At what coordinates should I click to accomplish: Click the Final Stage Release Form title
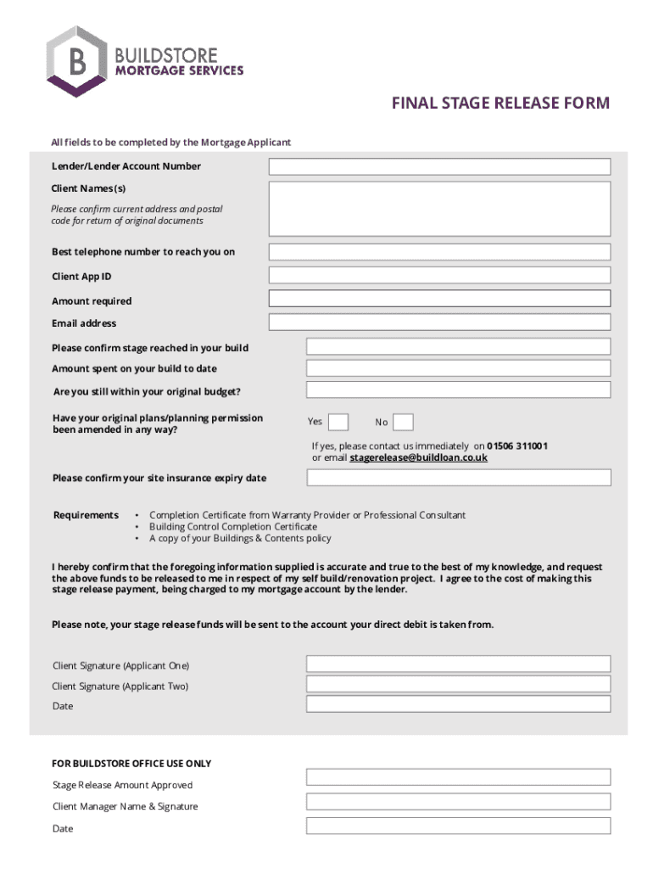pyautogui.click(x=500, y=104)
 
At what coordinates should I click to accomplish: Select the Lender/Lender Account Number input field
pyautogui.click(x=439, y=166)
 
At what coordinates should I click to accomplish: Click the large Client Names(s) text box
pyautogui.click(x=439, y=208)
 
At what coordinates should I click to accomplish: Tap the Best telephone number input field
pyautogui.click(x=439, y=252)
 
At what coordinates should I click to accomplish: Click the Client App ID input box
pyautogui.click(x=439, y=275)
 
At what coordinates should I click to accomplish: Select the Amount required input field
pyautogui.click(x=439, y=299)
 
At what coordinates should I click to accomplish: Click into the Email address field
pyautogui.click(x=439, y=322)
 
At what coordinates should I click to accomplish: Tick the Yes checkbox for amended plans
pyautogui.click(x=338, y=422)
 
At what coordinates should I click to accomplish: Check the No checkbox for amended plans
pyautogui.click(x=404, y=422)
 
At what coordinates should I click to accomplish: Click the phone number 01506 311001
pyautogui.click(x=517, y=446)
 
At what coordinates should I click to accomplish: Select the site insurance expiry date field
pyautogui.click(x=458, y=478)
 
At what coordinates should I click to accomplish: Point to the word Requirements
pyautogui.click(x=86, y=515)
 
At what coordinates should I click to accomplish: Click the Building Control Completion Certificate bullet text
pyautogui.click(x=233, y=527)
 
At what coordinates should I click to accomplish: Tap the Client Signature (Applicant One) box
pyautogui.click(x=458, y=664)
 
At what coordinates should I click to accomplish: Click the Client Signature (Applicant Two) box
pyautogui.click(x=458, y=685)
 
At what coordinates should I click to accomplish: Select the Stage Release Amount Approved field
pyautogui.click(x=458, y=776)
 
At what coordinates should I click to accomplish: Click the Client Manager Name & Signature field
pyautogui.click(x=458, y=801)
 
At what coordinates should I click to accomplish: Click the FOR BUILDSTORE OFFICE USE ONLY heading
pyautogui.click(x=131, y=764)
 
